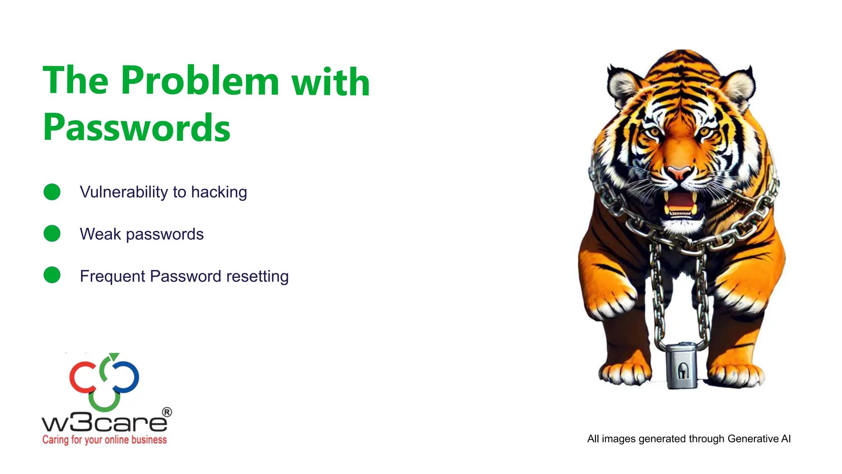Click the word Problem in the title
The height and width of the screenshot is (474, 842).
tap(200, 81)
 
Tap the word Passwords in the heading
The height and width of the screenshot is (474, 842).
tap(136, 128)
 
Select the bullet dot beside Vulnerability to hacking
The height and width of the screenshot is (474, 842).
tap(52, 192)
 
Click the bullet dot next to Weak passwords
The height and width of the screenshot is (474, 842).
tap(52, 233)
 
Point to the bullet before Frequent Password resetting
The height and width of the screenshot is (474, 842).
tap(52, 275)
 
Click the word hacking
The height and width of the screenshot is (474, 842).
tap(219, 192)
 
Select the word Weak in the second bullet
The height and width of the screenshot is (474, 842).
tap(100, 234)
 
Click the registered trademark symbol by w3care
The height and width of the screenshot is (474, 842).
tap(167, 412)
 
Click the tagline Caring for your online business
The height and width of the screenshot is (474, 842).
tap(104, 440)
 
